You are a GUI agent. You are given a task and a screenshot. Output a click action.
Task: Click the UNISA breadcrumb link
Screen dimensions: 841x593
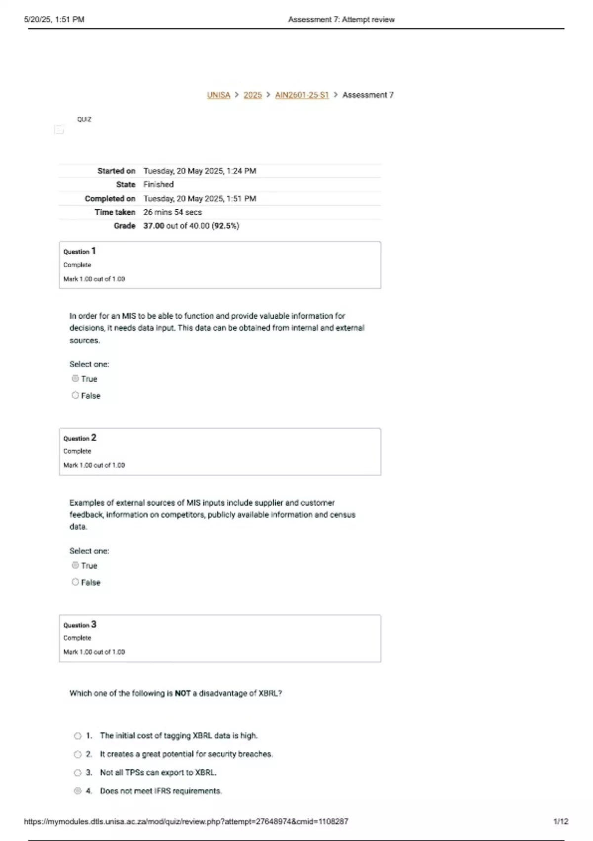(218, 95)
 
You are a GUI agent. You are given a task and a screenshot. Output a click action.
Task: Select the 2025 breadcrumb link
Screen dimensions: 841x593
(253, 95)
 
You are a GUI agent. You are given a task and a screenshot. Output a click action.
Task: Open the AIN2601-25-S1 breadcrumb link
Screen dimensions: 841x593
(301, 95)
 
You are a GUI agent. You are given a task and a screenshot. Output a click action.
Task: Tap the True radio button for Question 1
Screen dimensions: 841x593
(75, 378)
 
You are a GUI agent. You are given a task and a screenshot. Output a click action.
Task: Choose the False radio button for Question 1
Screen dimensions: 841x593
(75, 395)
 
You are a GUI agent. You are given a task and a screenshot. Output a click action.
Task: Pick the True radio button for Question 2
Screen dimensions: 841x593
(75, 565)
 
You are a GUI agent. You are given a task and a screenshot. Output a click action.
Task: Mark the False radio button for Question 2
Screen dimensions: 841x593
(75, 582)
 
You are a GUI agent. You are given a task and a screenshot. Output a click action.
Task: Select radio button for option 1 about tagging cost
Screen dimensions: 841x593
(78, 736)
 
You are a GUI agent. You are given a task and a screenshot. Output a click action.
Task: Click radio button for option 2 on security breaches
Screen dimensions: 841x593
(78, 754)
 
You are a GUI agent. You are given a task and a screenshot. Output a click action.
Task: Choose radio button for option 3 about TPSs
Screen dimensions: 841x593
(78, 773)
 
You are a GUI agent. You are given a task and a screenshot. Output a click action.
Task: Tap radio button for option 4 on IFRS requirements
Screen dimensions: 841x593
(78, 791)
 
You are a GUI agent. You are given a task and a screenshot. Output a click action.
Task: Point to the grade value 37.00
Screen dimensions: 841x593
(154, 226)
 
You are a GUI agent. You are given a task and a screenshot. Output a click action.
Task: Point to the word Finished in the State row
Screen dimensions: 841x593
(158, 185)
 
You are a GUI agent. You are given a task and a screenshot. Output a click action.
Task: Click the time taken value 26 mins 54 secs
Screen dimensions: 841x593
(172, 212)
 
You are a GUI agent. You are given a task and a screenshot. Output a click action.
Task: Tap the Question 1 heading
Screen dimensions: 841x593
(80, 251)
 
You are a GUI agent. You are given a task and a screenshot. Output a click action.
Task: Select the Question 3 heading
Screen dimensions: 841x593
(80, 625)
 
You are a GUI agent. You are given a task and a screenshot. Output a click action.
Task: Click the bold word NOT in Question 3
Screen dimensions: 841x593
(182, 694)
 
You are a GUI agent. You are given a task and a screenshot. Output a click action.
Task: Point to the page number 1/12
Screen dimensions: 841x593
(561, 822)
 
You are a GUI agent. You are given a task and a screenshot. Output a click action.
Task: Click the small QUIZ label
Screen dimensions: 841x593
(84, 120)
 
